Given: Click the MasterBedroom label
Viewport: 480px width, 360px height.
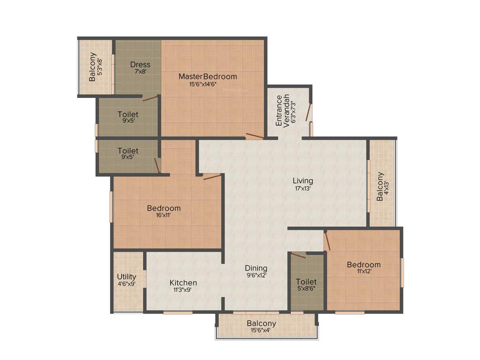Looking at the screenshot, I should [x=208, y=76].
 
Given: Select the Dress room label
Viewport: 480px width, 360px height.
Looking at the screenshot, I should [x=140, y=65].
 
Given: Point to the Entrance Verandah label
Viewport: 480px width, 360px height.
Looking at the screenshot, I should [x=283, y=111].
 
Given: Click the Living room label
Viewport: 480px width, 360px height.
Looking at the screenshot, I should [x=303, y=180].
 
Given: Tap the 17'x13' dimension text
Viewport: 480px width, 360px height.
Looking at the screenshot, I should [x=303, y=188].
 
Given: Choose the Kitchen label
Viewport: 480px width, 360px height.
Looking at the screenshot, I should [x=183, y=283].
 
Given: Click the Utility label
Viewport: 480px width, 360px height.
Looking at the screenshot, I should [x=127, y=277].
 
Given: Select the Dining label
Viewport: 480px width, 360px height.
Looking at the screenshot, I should [x=256, y=268].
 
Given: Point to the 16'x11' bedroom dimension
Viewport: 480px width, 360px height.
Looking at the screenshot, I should [x=164, y=216].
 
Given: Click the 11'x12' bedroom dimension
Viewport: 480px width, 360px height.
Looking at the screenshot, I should [x=363, y=271].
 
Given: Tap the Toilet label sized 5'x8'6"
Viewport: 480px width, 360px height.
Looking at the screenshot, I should [x=306, y=282].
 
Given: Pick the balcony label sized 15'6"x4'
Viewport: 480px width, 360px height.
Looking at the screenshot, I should [x=261, y=323].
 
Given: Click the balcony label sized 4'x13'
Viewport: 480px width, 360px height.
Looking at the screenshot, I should [x=380, y=187].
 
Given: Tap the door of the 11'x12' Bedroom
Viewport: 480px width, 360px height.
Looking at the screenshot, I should [x=327, y=241].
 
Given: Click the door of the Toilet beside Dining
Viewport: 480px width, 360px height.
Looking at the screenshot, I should [x=298, y=255].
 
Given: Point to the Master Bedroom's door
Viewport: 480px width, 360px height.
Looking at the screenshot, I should [x=255, y=136].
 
